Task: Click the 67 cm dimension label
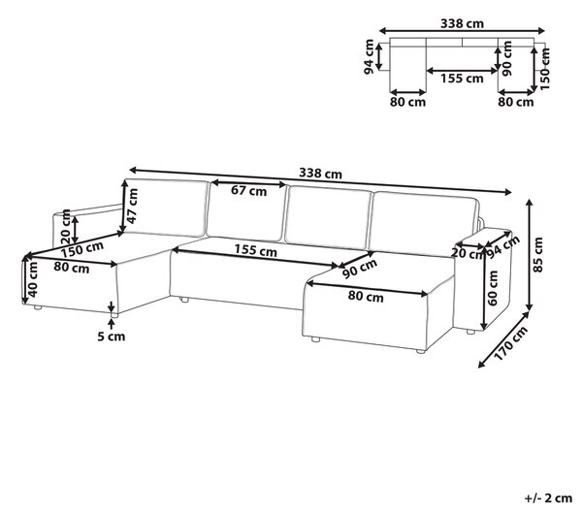coord(248,191)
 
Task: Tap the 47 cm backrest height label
coord(133,206)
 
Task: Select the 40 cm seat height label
coord(33,279)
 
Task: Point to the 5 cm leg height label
coord(112,337)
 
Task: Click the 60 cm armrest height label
coord(493,288)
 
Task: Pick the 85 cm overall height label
coord(537,255)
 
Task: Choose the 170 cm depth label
coord(511,343)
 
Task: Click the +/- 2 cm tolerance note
coord(549,498)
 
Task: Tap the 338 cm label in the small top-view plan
coord(462,23)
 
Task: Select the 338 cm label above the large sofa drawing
coord(320,174)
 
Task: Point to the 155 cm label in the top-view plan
coord(462,79)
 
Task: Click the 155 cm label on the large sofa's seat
coord(256,250)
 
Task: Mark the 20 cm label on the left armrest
coord(65,226)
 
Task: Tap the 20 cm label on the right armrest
coord(469,254)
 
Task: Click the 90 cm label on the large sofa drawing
coord(360,268)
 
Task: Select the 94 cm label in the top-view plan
coord(369,57)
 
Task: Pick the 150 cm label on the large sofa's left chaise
coord(82,249)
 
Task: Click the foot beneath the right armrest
coord(470,332)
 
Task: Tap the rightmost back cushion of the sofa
coord(423,224)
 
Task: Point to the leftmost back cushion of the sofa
coord(166,208)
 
